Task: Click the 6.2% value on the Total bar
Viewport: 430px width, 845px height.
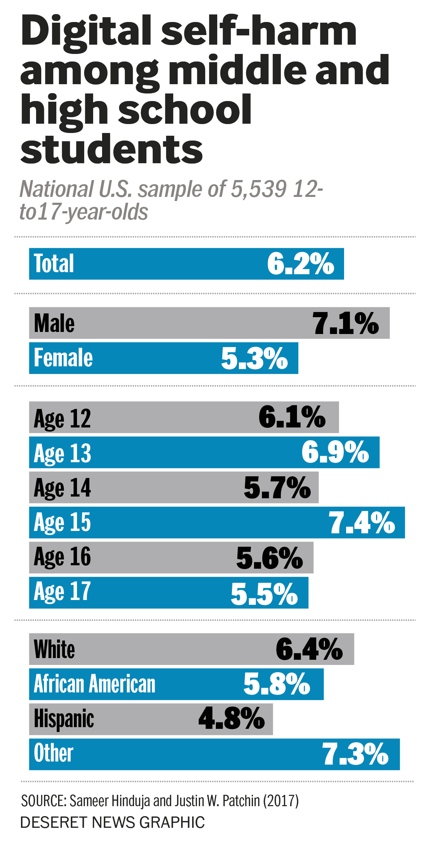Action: point(300,264)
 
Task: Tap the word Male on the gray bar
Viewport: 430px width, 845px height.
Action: point(54,323)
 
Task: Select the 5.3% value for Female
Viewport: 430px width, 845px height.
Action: point(254,358)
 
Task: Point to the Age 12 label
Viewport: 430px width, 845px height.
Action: point(62,419)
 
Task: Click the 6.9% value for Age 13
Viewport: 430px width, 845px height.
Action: point(335,452)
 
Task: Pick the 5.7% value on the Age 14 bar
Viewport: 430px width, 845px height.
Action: point(277,488)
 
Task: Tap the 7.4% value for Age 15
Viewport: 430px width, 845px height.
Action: point(362,523)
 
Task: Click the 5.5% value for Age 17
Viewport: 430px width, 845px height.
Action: point(264,593)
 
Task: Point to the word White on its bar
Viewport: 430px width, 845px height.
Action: point(54,649)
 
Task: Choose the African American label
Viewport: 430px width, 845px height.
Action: point(95,684)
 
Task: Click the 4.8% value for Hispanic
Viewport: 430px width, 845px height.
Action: point(232,719)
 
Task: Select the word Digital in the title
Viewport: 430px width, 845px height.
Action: point(86,32)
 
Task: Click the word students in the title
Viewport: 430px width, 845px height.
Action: point(112,149)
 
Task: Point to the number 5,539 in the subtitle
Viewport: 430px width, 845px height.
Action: point(258,189)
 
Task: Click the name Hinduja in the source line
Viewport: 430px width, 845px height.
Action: point(131,801)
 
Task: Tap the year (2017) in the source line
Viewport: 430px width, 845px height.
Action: point(281,801)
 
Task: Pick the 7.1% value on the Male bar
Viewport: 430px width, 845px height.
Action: point(345,323)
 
